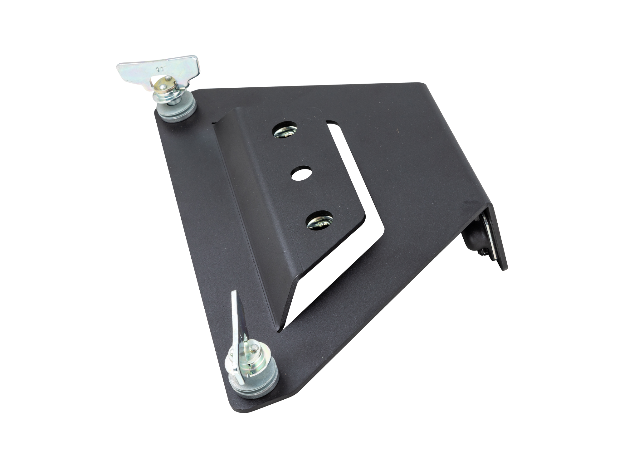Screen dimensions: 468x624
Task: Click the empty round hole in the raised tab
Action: [x=302, y=174]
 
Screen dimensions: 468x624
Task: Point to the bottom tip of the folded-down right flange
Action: [x=503, y=268]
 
